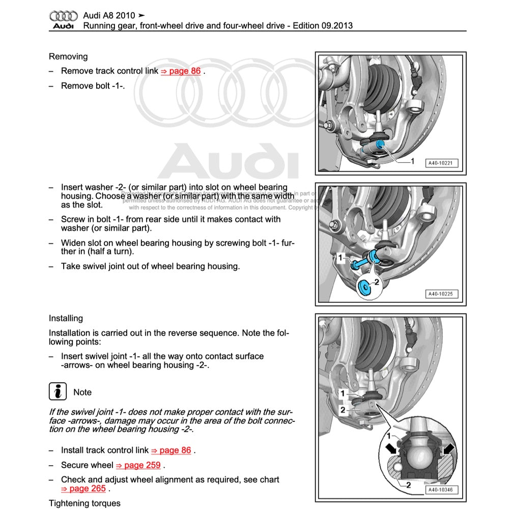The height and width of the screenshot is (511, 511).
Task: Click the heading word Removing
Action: (68, 56)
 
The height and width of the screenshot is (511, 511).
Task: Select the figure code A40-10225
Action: (441, 294)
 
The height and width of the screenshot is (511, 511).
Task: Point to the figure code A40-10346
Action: (441, 490)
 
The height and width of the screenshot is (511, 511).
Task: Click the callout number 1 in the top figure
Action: (412, 161)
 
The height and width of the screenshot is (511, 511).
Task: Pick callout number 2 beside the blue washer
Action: (377, 281)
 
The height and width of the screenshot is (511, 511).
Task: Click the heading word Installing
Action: (66, 318)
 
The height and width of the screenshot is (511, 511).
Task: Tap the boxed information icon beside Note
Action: (58, 392)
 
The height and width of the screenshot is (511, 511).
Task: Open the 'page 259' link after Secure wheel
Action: (138, 465)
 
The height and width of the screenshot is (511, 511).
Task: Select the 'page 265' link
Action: (83, 489)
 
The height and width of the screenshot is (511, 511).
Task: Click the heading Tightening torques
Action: (84, 503)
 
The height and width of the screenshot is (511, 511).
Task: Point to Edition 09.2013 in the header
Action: (323, 26)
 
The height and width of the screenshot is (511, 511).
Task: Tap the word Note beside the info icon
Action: (82, 392)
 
